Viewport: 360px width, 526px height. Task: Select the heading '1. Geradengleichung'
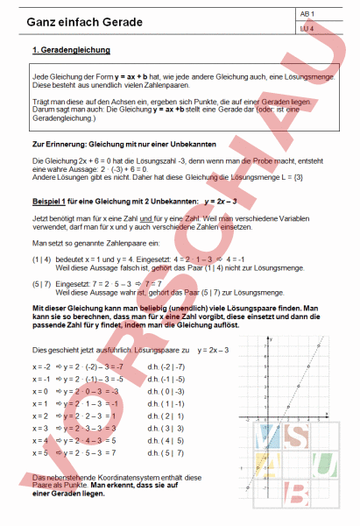[68, 52]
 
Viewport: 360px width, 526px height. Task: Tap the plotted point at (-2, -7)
[248, 488]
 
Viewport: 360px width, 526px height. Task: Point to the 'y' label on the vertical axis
[272, 338]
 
